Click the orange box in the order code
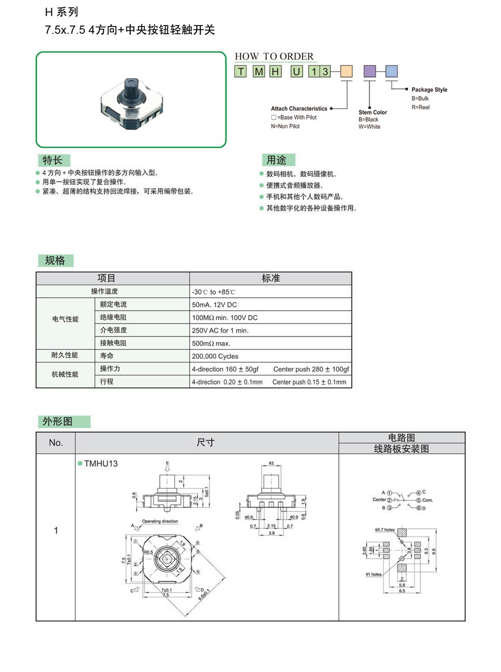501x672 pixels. (346, 72)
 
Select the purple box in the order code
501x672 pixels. (369, 72)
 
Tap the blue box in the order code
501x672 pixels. (391, 72)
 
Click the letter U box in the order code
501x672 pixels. (297, 72)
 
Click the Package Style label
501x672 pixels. (429, 90)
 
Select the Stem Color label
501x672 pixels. (372, 112)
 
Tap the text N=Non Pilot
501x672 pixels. (285, 126)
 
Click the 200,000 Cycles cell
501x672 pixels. (215, 356)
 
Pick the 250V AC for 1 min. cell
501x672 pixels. (220, 331)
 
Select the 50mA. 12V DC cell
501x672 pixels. (214, 305)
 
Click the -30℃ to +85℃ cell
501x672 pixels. (213, 292)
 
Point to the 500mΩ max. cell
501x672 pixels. (211, 343)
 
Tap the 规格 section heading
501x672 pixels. (55, 261)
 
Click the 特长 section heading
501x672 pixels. (53, 160)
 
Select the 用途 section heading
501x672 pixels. (277, 160)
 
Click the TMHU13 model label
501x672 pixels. (101, 464)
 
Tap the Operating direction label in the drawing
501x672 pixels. (160, 521)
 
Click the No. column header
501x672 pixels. (56, 443)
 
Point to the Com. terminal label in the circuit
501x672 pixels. (427, 500)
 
